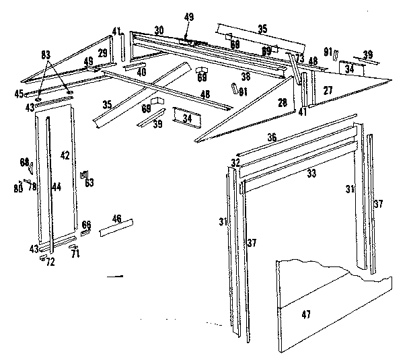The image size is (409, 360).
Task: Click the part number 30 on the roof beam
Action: coord(159,30)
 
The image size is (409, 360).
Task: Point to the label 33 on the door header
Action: coord(311,173)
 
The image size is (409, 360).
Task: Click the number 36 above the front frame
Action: coord(271,137)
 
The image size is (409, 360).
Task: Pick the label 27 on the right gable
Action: coord(328,89)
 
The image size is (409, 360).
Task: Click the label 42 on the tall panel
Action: coord(65,155)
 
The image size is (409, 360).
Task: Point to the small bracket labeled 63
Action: coord(88,181)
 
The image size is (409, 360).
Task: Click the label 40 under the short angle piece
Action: coord(141,72)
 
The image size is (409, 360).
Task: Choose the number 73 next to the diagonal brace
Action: coord(299,59)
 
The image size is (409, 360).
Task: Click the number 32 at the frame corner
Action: coord(235,162)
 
